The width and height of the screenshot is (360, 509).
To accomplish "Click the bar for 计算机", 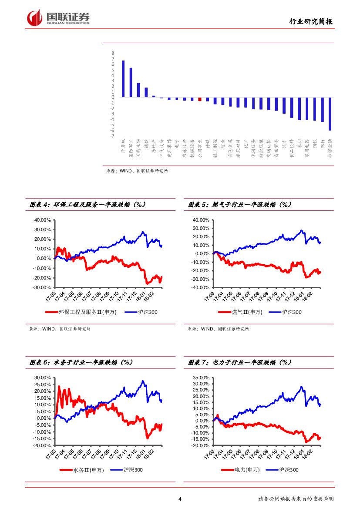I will pyautogui.click(x=123, y=79).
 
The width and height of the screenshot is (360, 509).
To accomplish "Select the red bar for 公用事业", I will pyautogui.click(x=200, y=99).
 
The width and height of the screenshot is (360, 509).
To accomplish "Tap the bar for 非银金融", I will pyautogui.click(x=330, y=114).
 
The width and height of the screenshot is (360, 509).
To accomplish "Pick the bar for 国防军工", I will pyautogui.click(x=131, y=82).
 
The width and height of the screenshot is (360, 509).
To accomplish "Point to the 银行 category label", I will pyautogui.click(x=322, y=144).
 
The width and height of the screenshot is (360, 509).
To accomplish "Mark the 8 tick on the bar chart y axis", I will pyautogui.click(x=113, y=53).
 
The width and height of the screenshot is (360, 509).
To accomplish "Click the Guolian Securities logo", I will pyautogui.click(x=58, y=18).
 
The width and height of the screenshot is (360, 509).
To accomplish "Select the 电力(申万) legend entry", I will pyautogui.click(x=241, y=470).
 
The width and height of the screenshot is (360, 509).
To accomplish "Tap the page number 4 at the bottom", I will pyautogui.click(x=179, y=499).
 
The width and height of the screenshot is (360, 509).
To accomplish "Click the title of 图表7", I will pyautogui.click(x=240, y=362).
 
